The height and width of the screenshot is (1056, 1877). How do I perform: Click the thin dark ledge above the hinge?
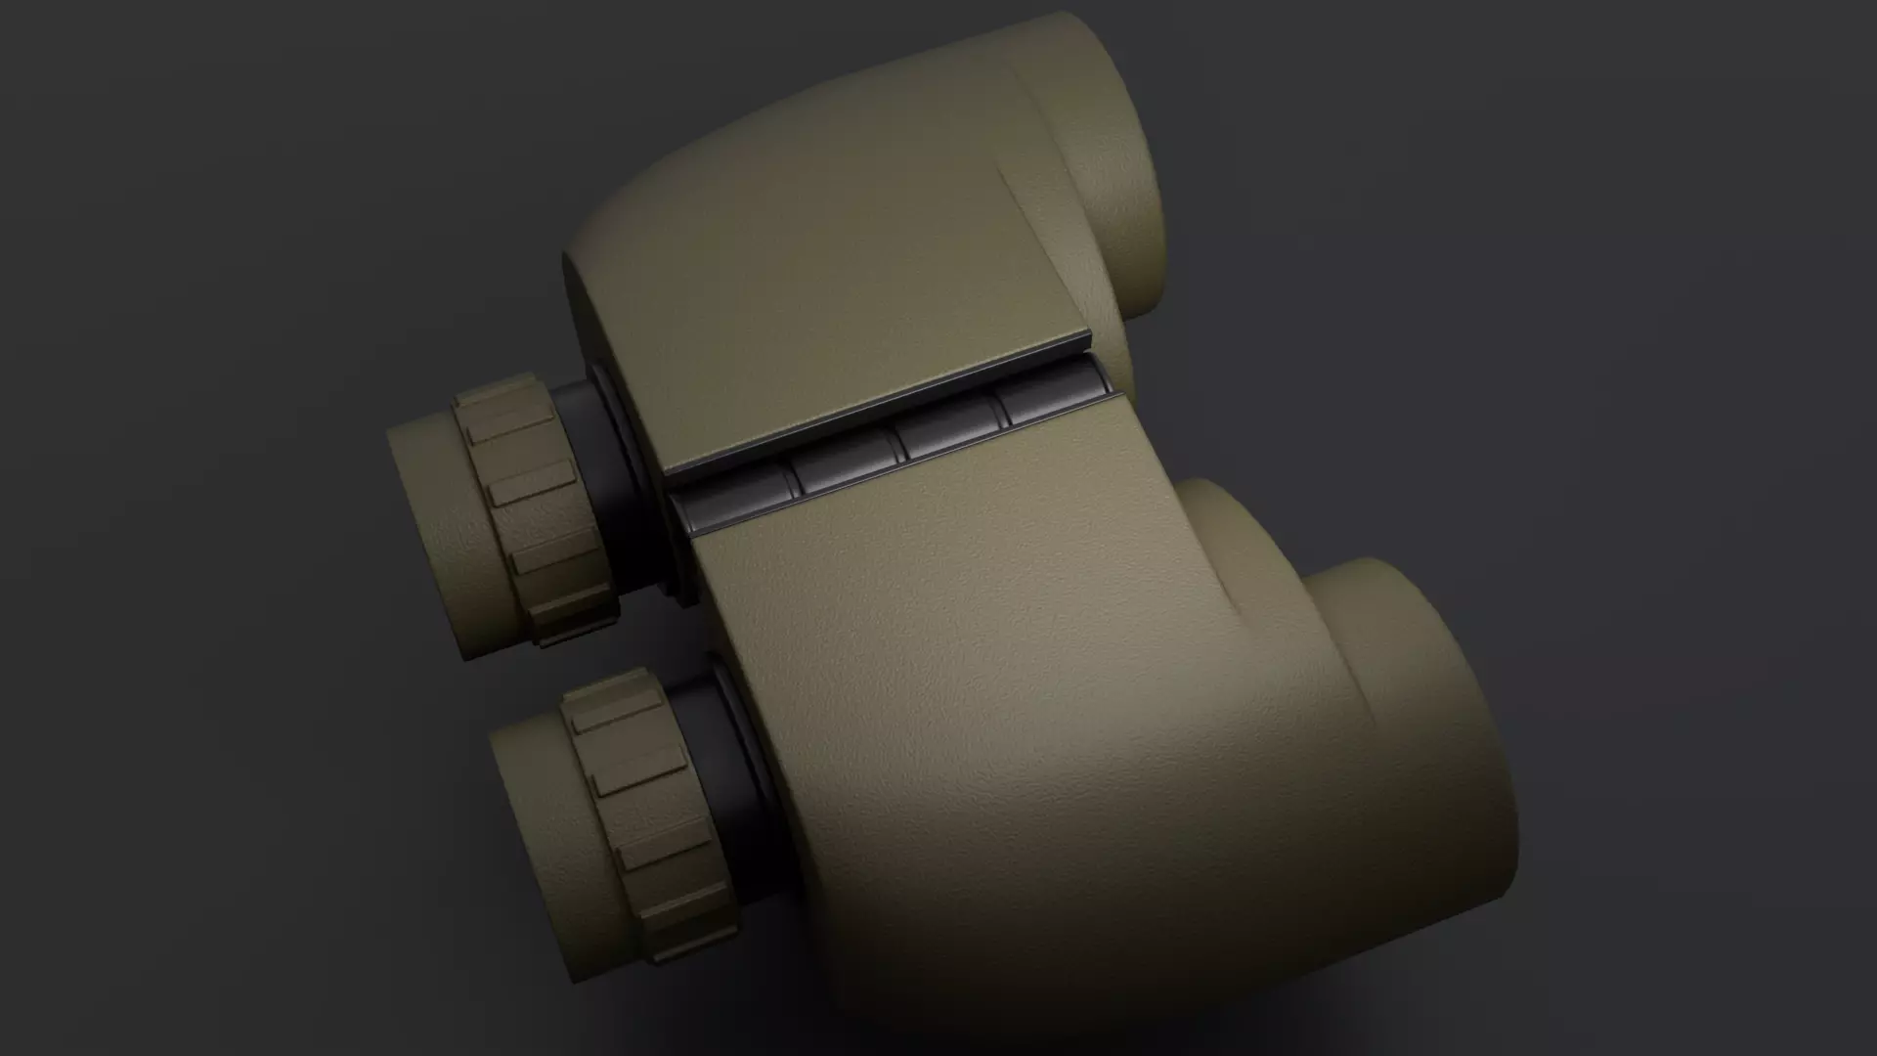click(x=880, y=407)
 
